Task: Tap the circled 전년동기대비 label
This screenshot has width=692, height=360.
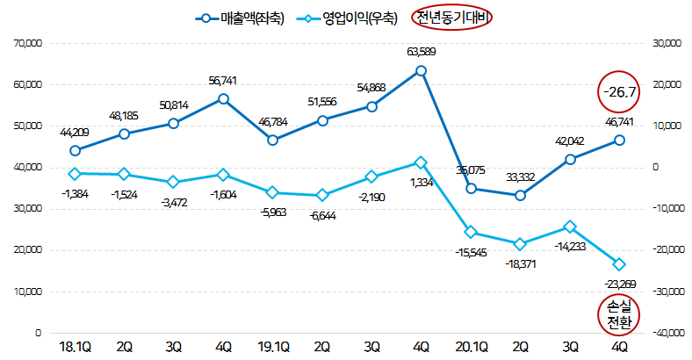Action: tap(454, 18)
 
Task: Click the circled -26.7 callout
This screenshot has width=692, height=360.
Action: tap(619, 90)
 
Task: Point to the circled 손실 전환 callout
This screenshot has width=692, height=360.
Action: tap(620, 314)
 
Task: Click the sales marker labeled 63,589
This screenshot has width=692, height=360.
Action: tap(422, 70)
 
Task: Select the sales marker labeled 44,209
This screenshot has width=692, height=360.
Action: tap(75, 150)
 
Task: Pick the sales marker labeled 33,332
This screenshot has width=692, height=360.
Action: tap(520, 195)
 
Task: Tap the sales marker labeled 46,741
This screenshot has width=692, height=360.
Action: tap(619, 140)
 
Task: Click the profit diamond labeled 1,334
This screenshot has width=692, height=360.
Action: tap(422, 162)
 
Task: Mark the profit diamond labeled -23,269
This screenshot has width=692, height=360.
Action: tap(619, 264)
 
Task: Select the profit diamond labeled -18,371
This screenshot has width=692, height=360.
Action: tap(520, 243)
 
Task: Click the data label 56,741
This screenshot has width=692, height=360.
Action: tap(223, 81)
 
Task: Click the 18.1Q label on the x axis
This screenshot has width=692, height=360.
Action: tap(75, 347)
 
